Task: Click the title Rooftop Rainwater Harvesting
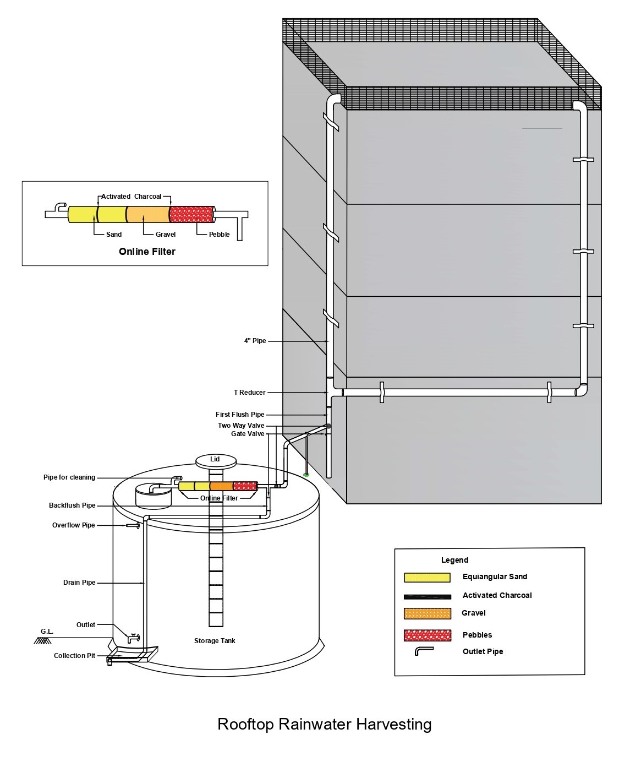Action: pos(324,724)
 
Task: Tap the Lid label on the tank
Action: pos(215,459)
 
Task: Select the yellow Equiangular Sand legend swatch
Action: pos(427,577)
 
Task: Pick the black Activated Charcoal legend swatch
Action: pos(427,596)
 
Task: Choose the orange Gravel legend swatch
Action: pos(427,613)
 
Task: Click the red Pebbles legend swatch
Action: pos(427,635)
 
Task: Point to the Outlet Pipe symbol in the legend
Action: pos(424,651)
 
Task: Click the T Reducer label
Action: pos(249,393)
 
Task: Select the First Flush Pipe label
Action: pos(240,415)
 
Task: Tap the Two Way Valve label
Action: pos(241,426)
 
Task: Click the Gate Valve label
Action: pos(248,434)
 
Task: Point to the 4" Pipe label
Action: pos(255,341)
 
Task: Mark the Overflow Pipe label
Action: pos(74,525)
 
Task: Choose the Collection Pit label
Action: pos(74,656)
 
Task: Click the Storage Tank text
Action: pos(215,641)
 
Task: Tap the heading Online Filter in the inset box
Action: pos(147,252)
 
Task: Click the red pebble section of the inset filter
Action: pos(191,214)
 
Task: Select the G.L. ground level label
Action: pos(47,632)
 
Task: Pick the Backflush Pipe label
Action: pos(72,505)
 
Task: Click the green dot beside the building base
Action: pos(306,474)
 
